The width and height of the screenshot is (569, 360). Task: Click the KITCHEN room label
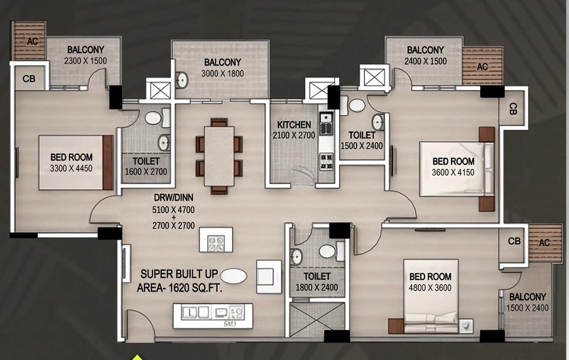click(294, 125)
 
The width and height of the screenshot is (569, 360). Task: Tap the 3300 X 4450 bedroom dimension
click(71, 168)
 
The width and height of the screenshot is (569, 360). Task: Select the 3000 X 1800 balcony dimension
click(222, 74)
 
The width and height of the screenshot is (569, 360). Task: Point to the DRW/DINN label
click(173, 198)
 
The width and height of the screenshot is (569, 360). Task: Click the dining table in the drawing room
click(219, 156)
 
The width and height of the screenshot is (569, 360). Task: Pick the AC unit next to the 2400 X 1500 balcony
click(482, 66)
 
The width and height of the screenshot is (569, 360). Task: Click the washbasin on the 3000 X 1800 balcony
click(182, 80)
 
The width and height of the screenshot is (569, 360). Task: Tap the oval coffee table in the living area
click(234, 276)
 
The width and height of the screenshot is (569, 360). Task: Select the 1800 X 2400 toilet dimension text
click(317, 288)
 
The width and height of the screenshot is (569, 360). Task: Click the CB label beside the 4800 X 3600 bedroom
click(514, 241)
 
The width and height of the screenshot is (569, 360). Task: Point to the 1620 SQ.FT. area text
click(179, 288)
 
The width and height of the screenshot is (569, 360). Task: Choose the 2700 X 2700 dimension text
click(173, 226)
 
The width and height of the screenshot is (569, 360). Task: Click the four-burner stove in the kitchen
click(326, 162)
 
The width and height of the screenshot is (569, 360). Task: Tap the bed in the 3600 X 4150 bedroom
click(457, 169)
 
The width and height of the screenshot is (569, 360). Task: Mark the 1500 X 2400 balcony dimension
click(527, 308)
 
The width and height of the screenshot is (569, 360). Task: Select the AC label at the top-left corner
click(32, 41)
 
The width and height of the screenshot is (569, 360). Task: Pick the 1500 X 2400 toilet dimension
click(362, 146)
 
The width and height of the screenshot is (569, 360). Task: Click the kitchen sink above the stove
click(326, 117)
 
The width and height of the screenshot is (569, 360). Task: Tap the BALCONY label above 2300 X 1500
click(86, 49)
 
